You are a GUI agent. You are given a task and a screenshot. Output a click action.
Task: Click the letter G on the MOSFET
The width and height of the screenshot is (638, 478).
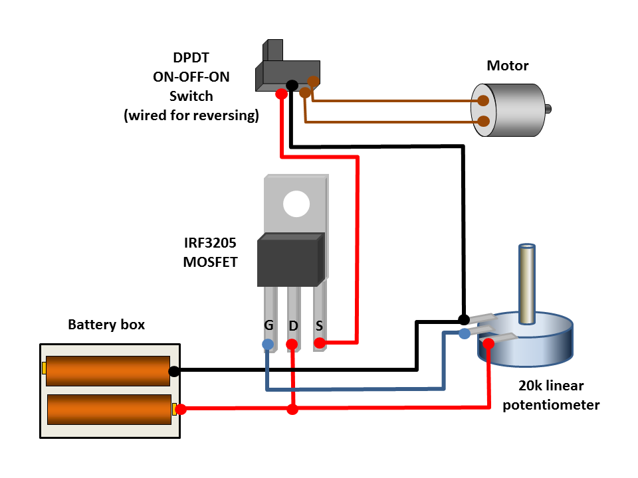click(x=268, y=327)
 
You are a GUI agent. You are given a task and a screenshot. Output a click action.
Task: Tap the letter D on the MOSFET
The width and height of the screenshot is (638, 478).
click(x=293, y=327)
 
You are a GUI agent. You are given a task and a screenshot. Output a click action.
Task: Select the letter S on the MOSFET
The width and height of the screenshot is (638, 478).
click(x=319, y=327)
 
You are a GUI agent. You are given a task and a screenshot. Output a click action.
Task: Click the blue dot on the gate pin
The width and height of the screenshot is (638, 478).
click(x=267, y=344)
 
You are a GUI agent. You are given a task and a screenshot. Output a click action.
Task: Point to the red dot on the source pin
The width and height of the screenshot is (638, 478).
click(x=320, y=343)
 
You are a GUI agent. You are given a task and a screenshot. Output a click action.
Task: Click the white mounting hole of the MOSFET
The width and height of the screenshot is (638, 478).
click(x=296, y=204)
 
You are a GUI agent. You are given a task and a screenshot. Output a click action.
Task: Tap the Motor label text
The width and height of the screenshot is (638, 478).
click(x=508, y=66)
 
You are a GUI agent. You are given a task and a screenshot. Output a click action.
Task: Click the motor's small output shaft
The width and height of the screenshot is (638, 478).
click(x=548, y=109)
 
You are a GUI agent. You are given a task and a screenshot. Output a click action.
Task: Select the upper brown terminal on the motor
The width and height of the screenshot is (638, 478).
click(x=484, y=101)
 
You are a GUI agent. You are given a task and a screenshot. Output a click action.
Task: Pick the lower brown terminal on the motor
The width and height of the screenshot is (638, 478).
click(x=484, y=121)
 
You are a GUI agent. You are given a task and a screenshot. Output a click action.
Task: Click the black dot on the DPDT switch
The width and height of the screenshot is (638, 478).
click(x=291, y=85)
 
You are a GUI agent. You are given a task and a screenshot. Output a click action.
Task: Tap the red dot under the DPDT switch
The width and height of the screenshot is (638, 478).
click(x=281, y=94)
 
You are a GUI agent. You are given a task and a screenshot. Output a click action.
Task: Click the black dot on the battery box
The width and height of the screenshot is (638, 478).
click(x=174, y=371)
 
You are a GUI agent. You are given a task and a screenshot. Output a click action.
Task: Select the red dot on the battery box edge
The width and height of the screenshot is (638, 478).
click(x=181, y=409)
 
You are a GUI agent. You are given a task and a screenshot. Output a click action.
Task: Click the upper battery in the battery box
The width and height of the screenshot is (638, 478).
click(x=108, y=371)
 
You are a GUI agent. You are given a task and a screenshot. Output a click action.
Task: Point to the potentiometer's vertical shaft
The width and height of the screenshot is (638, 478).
click(x=527, y=282)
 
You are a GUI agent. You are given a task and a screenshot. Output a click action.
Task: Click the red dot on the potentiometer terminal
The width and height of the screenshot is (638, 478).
click(x=488, y=343)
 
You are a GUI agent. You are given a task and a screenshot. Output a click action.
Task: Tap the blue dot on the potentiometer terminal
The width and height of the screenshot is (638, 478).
click(x=465, y=333)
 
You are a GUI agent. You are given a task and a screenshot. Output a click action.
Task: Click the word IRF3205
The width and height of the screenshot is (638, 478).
click(x=210, y=244)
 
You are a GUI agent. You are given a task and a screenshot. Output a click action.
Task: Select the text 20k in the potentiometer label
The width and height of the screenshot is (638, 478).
click(x=530, y=386)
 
